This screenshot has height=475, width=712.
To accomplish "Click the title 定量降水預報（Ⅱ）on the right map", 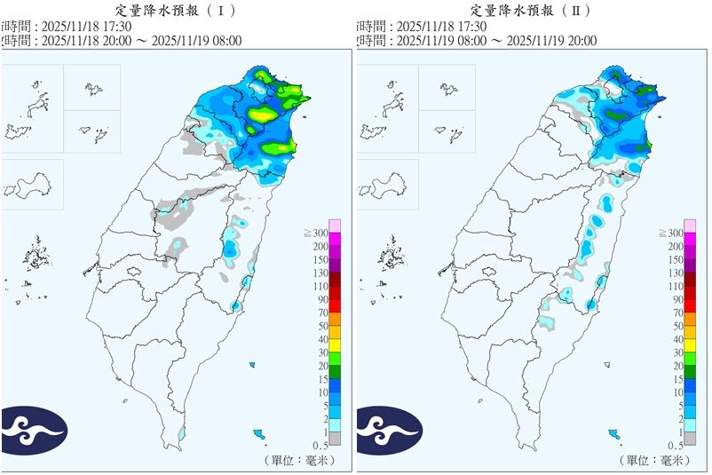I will tap(531, 11).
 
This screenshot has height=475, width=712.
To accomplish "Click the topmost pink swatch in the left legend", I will tap(335, 225).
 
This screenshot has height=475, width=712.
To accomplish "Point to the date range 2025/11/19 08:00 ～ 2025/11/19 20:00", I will tap(496, 41).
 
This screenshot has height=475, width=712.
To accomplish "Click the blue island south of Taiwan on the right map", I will tap(613, 434).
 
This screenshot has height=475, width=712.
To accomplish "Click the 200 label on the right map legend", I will tap(674, 246).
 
